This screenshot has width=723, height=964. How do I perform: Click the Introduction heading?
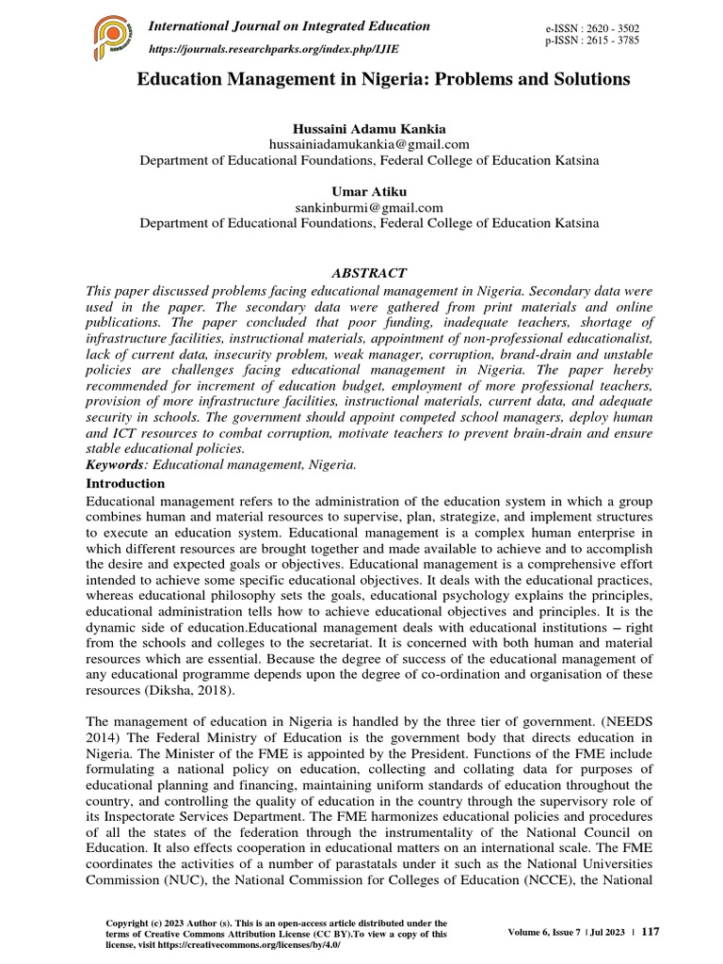coord(125,483)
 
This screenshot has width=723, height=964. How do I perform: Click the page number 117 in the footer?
coord(650,931)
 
